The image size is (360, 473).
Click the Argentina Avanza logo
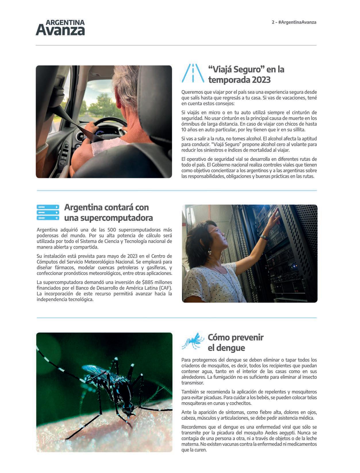tap(60, 28)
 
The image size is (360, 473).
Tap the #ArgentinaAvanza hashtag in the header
tap(297, 22)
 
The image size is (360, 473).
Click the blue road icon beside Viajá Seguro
tap(193, 73)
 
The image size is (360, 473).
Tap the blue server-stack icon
tap(48, 212)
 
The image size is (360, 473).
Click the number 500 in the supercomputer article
tap(112, 230)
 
